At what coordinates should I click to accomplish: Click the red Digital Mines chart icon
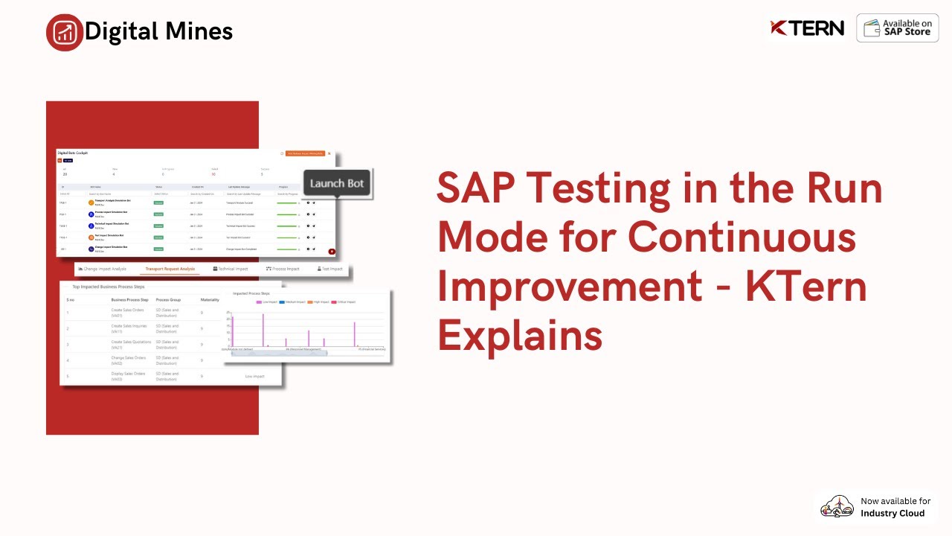click(65, 32)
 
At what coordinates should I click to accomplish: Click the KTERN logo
click(807, 28)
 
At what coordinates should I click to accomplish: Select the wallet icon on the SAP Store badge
click(872, 28)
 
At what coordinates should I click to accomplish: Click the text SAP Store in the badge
click(907, 33)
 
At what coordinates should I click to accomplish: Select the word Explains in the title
click(519, 336)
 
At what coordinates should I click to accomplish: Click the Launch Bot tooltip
click(337, 184)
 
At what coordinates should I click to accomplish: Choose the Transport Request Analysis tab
click(170, 269)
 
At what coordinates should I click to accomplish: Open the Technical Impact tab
click(231, 269)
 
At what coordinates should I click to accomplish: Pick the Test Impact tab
click(329, 269)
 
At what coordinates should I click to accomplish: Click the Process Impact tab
click(283, 269)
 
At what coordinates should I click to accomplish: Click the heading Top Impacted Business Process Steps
click(108, 286)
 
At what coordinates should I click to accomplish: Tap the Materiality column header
click(210, 299)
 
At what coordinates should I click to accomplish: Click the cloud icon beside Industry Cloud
click(837, 507)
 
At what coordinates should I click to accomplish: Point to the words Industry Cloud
click(892, 514)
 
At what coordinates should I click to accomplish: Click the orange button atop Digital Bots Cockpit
click(305, 153)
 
